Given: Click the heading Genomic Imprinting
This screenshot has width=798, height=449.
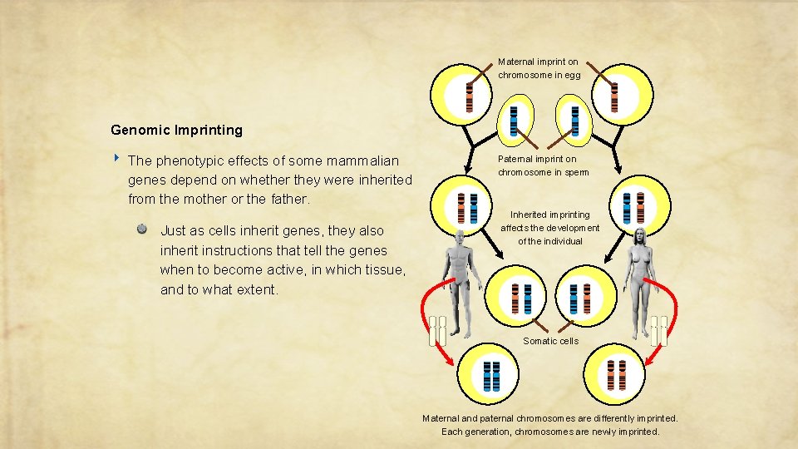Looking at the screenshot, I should [176, 130].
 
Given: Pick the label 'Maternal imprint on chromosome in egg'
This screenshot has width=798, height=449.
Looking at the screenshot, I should [539, 68].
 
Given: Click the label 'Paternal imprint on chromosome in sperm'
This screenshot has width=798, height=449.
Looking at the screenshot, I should [543, 165].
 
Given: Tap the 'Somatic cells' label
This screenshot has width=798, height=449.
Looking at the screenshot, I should [550, 341].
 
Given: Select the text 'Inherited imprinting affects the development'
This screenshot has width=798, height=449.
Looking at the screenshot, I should [549, 227].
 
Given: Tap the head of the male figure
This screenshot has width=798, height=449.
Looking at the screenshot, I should [461, 237].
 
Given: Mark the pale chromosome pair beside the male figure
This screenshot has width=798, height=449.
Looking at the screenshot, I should [437, 330].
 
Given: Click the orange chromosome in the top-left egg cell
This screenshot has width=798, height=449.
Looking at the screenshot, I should [469, 98].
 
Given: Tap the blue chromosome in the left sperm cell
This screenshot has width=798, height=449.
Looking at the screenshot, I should [514, 121].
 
